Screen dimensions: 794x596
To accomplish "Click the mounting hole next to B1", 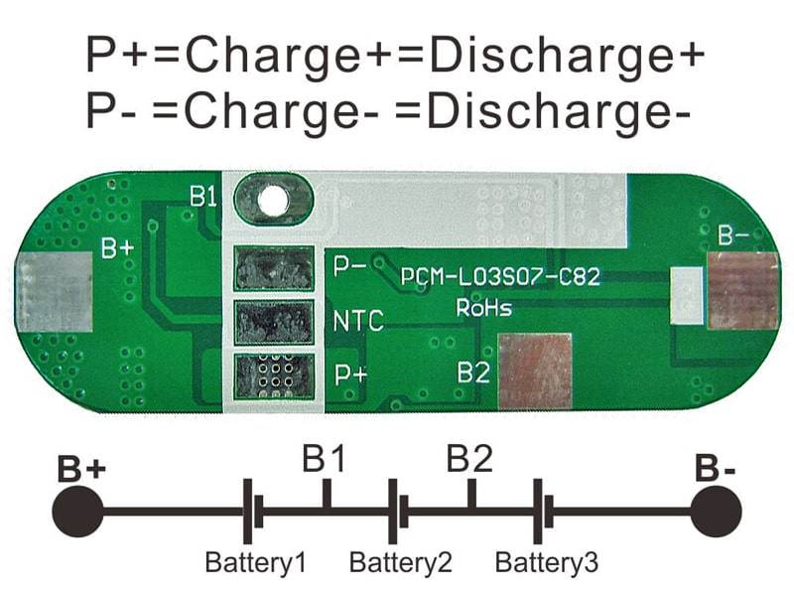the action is [x=274, y=201].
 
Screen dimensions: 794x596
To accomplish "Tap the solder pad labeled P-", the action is [x=274, y=268].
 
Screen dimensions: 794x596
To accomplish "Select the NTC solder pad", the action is [x=274, y=322].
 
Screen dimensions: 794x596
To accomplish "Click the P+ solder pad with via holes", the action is [x=274, y=376].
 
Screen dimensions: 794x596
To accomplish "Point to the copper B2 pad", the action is [x=535, y=371].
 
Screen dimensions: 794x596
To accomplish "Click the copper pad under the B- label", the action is [x=742, y=290].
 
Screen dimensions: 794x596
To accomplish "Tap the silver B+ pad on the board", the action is [x=55, y=291].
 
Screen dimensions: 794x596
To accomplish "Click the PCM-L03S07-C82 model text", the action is [x=500, y=277].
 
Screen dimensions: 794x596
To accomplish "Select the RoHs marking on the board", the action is [x=484, y=308].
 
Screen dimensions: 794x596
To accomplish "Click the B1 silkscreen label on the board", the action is [x=203, y=196].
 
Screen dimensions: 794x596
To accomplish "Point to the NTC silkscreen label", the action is [x=358, y=321].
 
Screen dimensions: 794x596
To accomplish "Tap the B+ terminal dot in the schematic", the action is [x=77, y=512].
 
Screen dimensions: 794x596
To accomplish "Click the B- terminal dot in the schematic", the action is [x=716, y=512].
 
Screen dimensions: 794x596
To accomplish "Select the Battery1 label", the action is [x=256, y=562].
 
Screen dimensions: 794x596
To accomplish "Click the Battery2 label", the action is [x=401, y=562].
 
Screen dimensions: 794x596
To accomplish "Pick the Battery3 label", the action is [x=547, y=562].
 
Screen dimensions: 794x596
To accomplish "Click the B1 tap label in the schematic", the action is [x=325, y=459].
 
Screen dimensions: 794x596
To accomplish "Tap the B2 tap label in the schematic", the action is [x=469, y=459].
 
